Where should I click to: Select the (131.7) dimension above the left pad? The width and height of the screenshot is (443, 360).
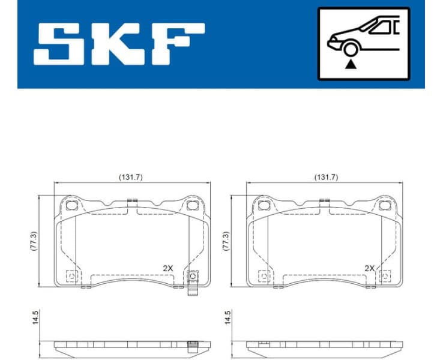[131, 177]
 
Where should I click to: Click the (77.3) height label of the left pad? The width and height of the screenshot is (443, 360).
[34, 241]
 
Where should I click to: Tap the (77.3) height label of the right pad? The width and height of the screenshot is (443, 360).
[226, 241]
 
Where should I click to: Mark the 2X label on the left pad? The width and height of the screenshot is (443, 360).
[169, 268]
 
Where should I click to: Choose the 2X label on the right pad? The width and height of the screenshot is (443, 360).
[369, 268]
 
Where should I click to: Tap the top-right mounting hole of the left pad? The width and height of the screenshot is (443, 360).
[192, 206]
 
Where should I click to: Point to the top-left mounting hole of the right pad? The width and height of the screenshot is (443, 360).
[264, 206]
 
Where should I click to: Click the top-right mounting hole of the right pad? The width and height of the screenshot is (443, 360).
[384, 206]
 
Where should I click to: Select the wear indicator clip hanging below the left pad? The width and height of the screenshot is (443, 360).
[193, 284]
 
